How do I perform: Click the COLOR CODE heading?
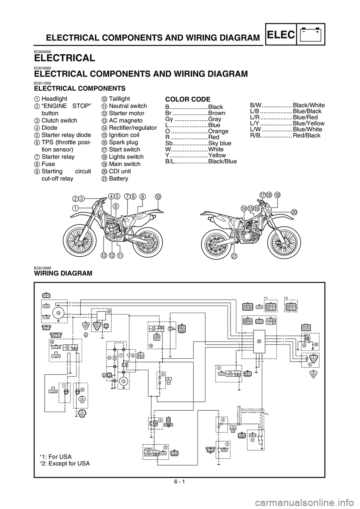pos(187,99)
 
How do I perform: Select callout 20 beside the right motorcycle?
pos(294,212)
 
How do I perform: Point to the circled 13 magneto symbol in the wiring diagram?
pos(58,313)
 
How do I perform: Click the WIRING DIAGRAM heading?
pos(63,274)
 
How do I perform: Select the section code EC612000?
pos(42,268)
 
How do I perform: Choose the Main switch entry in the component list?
pos(124,164)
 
